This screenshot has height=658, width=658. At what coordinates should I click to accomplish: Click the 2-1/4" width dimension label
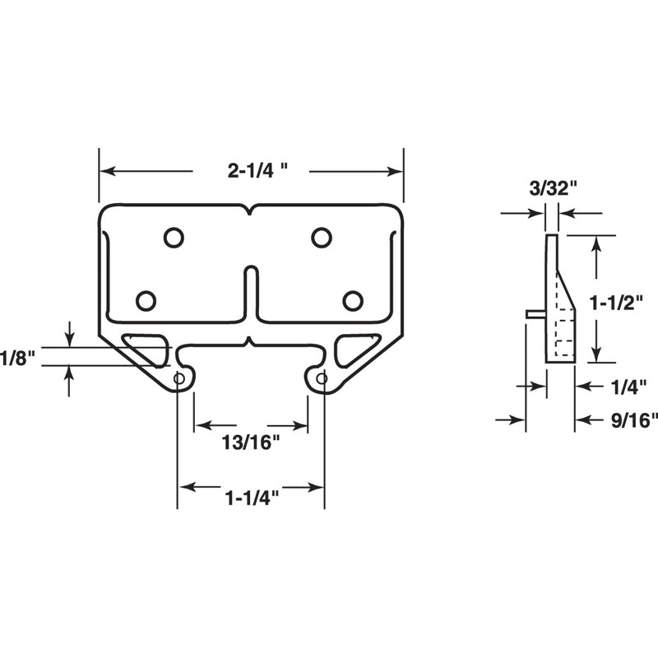tap(257, 171)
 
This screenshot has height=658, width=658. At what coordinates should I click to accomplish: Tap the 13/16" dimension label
tap(251, 442)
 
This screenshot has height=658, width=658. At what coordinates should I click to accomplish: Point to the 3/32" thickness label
tap(552, 188)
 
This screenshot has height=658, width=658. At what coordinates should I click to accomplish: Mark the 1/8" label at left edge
tap(16, 359)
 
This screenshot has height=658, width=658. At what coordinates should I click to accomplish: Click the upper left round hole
tap(173, 238)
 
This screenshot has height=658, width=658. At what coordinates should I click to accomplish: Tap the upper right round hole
tap(321, 238)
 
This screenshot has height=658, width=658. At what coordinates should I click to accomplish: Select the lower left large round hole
tap(146, 301)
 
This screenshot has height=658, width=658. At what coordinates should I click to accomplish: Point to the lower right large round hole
tap(353, 301)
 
